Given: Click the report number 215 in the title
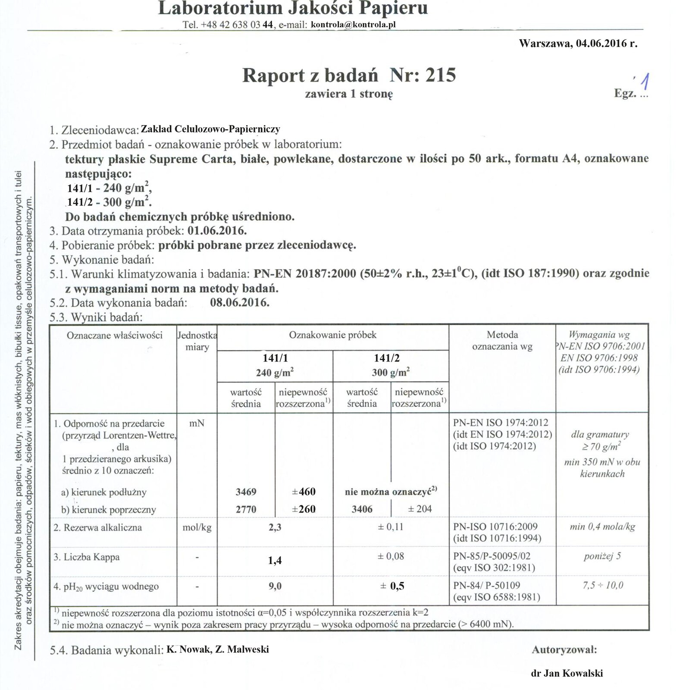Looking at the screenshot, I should click(x=440, y=75).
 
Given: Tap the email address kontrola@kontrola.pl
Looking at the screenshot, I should click(x=353, y=25).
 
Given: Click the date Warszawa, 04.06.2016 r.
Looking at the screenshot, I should click(x=578, y=43).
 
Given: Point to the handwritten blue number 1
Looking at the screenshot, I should click(x=645, y=83).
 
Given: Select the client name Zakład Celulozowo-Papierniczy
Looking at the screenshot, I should click(x=210, y=129).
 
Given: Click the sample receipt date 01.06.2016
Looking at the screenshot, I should click(x=217, y=231).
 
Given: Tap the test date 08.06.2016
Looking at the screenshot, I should click(x=240, y=302).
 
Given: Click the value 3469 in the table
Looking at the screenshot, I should click(x=246, y=492).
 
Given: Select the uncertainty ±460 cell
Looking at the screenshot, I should click(x=304, y=492).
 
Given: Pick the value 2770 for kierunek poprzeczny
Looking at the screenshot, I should click(x=246, y=509).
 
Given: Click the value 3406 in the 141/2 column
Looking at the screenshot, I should click(x=362, y=509).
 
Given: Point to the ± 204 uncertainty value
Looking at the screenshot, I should click(x=419, y=509).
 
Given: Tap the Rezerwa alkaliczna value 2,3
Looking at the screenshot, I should click(x=275, y=527).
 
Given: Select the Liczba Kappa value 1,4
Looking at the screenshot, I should click(x=275, y=560).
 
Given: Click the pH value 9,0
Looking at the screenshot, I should click(x=275, y=586).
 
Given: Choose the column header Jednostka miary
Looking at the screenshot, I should click(x=197, y=341).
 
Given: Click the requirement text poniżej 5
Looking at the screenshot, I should click(x=602, y=556).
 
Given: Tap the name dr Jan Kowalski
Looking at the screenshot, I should click(x=566, y=673).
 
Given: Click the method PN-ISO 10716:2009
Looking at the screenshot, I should click(x=495, y=527).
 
